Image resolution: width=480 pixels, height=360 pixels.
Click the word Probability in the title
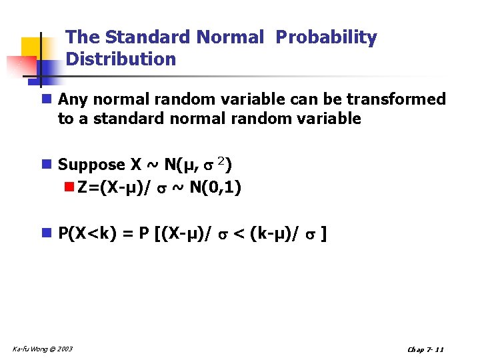pyautogui.click(x=326, y=38)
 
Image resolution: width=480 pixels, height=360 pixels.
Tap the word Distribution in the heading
pyautogui.click(x=121, y=59)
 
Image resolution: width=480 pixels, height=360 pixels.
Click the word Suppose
pyautogui.click(x=91, y=165)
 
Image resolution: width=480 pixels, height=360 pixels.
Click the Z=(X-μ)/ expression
pyautogui.click(x=115, y=188)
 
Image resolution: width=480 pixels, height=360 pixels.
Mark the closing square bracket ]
pyautogui.click(x=323, y=233)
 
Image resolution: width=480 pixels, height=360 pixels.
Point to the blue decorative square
pyautogui.click(x=49, y=69)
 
